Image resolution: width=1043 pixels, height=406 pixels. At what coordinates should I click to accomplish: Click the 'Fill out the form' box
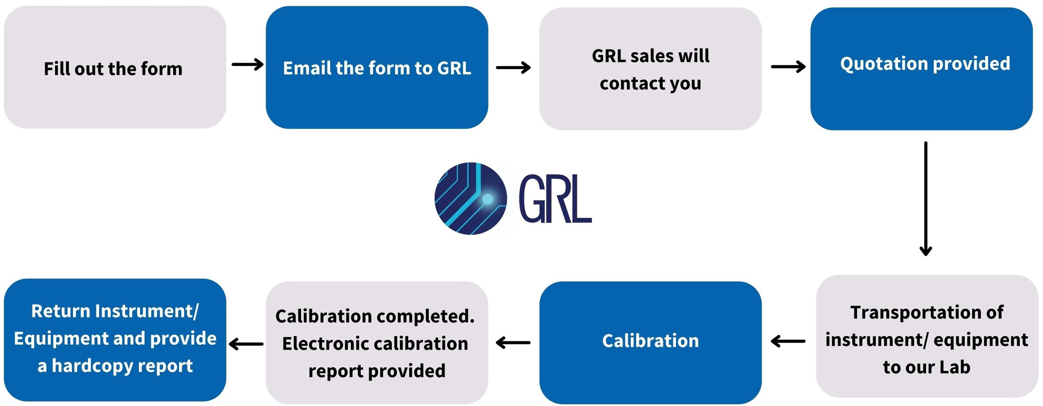115,67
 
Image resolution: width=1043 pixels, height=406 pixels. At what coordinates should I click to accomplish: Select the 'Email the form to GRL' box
377,67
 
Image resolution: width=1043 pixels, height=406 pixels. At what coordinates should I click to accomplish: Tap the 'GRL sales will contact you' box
650,69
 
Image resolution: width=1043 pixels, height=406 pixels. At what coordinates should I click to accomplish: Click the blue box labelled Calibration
650,342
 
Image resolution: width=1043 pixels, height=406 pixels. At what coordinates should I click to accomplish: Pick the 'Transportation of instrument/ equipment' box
927,336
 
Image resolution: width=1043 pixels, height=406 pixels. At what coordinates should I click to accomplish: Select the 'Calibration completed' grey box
377,343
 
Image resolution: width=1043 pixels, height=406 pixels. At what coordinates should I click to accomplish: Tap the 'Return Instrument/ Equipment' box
115,340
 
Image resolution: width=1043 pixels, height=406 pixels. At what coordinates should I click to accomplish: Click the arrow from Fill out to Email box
248,64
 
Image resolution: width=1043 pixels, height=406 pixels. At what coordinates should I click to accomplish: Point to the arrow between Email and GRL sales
513,67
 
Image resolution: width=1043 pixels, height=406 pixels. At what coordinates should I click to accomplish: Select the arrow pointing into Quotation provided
788,66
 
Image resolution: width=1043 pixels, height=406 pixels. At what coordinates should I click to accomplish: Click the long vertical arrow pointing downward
925,198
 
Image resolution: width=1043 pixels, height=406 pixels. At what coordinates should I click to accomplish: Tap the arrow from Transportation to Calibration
788,341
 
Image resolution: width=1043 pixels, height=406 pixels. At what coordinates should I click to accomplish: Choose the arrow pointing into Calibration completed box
513,343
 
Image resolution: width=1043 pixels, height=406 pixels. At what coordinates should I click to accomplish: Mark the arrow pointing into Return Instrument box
246,344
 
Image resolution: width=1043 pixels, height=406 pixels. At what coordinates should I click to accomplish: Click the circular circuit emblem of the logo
470,198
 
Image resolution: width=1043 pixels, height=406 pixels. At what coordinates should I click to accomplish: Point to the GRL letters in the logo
555,198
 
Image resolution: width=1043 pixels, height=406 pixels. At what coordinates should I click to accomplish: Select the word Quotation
881,64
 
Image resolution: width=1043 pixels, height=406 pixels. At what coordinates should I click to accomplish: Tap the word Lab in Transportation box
954,367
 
